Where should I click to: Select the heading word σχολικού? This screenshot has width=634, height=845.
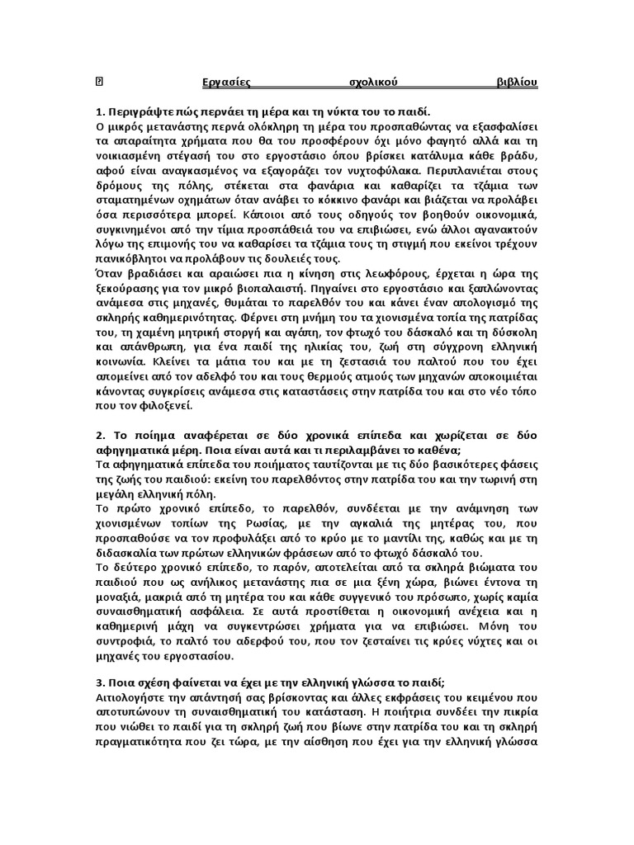(370, 83)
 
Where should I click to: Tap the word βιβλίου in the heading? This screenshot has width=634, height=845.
(517, 83)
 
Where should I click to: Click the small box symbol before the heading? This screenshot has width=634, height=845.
(100, 83)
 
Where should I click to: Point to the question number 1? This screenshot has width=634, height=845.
(100, 111)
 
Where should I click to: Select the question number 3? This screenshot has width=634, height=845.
(100, 681)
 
